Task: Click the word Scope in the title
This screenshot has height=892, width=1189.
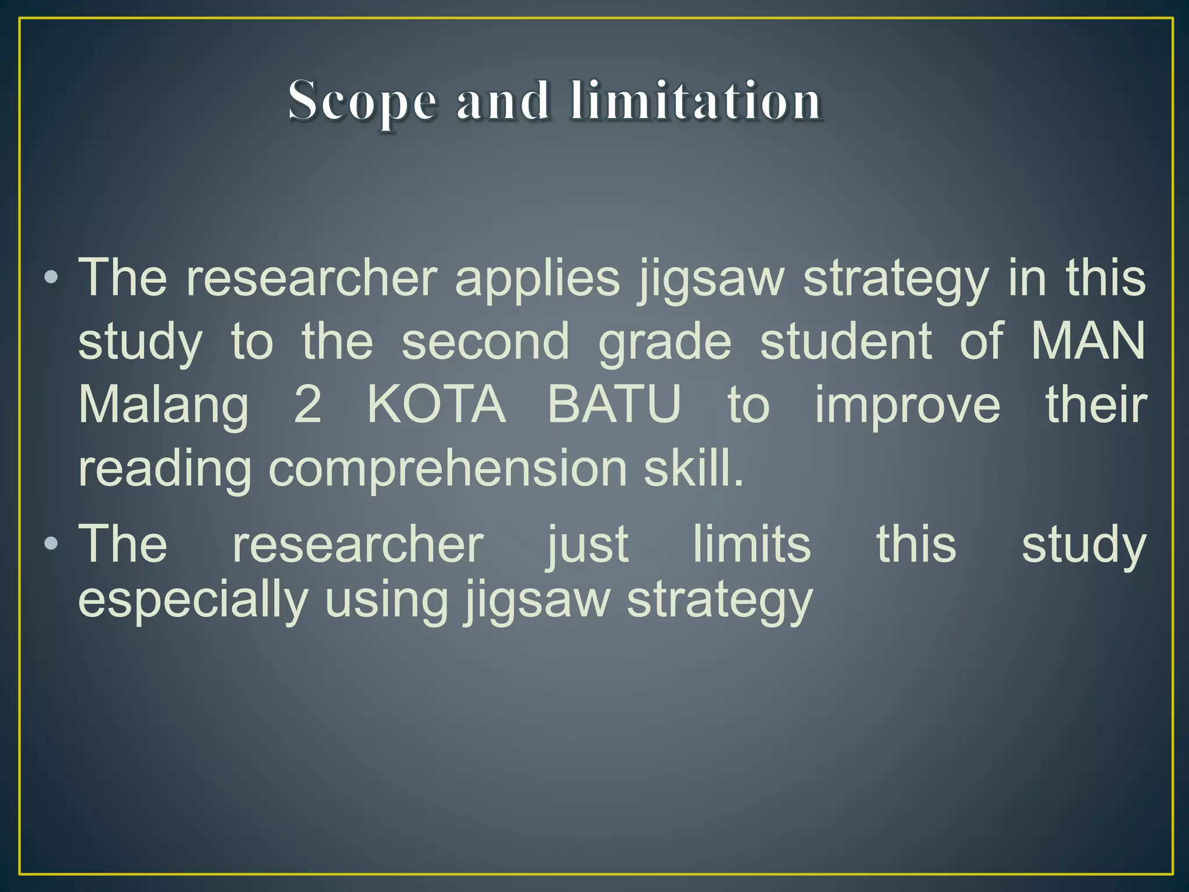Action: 362,102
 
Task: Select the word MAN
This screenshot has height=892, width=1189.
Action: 1087,341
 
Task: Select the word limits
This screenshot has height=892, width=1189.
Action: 752,544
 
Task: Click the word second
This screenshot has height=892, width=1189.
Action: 485,341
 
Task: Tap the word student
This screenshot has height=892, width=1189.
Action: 846,341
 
